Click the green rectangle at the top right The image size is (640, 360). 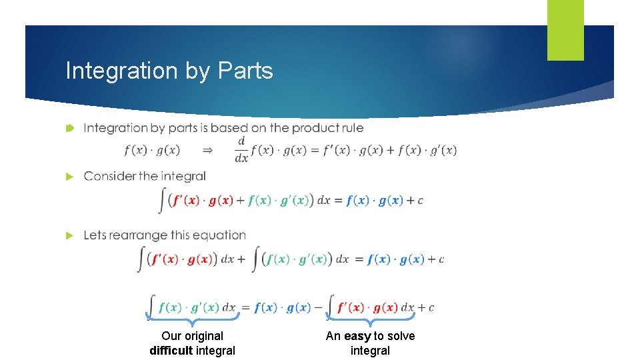565,30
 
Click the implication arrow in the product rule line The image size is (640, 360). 207,151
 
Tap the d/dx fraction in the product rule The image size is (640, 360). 241,150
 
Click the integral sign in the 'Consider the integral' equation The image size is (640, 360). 162,200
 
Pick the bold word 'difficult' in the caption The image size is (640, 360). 171,350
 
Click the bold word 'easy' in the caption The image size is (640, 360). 357,336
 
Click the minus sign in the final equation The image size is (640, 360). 317,307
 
